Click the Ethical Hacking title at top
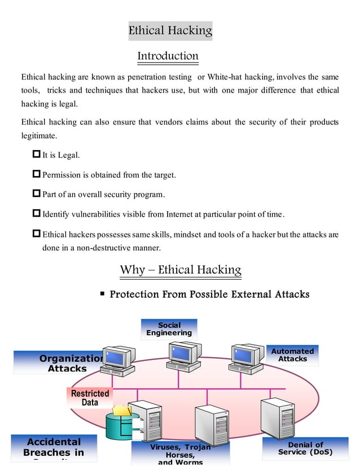170,30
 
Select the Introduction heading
168,56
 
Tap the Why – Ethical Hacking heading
180,270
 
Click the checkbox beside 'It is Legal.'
37,155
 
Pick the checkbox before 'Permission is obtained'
37,175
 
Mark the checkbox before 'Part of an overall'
37,195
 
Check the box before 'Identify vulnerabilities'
37,214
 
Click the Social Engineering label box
169,329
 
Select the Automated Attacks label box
292,355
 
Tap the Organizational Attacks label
67,363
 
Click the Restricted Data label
89,398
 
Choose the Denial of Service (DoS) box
305,449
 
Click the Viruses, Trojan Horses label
180,453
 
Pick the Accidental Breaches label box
54,448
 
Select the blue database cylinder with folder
120,424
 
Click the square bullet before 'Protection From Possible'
102,293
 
